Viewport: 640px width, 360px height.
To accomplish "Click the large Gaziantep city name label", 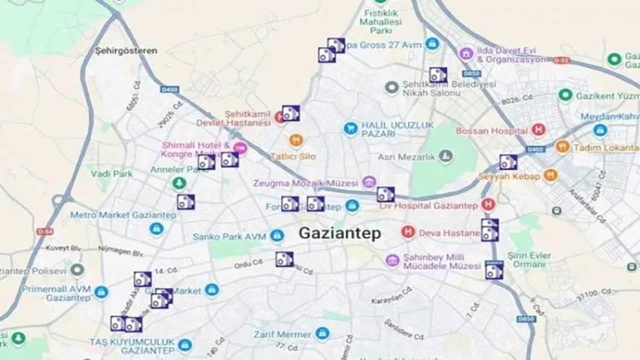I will point(339,233).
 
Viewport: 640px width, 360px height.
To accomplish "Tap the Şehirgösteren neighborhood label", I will point(126,50).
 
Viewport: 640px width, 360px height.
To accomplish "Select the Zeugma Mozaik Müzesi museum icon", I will point(369,182).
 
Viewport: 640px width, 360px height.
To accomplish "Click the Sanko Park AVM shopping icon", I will point(277,236).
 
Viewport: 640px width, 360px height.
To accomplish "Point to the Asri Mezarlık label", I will point(407,157).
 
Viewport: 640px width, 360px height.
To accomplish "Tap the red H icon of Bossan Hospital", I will point(538,130).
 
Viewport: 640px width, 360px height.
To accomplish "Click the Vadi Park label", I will point(112,174).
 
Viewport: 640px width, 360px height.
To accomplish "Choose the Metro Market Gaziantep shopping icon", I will point(156,229).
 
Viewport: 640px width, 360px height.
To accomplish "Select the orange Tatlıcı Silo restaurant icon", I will point(296,140).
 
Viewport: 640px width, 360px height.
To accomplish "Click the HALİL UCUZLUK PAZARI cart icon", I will point(350,129).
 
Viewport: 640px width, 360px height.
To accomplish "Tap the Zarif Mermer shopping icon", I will point(322,333).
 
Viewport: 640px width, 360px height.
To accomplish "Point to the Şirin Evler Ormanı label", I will point(529,259).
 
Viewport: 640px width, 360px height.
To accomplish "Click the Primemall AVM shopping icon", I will point(101,292).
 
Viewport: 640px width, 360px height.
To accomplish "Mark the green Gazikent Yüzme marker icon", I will point(565,95).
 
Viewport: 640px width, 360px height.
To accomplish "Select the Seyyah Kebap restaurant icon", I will point(550,175).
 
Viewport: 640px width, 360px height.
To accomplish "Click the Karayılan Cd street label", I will point(391,295).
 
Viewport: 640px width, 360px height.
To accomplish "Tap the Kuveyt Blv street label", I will point(63,248).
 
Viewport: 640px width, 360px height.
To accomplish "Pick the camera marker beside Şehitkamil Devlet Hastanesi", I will point(290,113).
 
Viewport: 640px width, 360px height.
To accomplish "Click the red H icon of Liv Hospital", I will point(488,204).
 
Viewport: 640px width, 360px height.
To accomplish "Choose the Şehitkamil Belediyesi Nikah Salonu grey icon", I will point(392,88).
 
